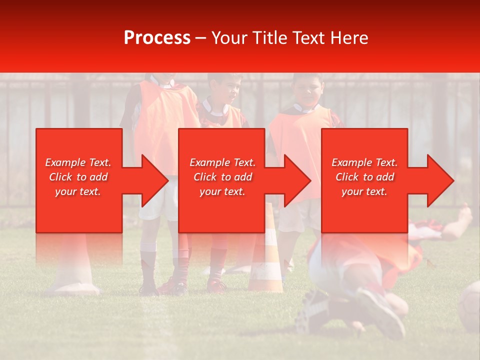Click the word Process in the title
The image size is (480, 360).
coord(157,38)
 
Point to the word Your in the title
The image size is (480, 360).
coord(230,38)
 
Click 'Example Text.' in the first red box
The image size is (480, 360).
coord(78,162)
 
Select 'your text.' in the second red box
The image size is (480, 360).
coord(222,191)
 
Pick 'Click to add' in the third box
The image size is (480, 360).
coord(364,177)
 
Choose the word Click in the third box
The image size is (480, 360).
coord(347,177)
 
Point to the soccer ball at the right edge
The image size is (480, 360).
coord(470,305)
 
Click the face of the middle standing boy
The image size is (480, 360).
coord(228,90)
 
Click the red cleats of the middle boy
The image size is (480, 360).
coord(216,285)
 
